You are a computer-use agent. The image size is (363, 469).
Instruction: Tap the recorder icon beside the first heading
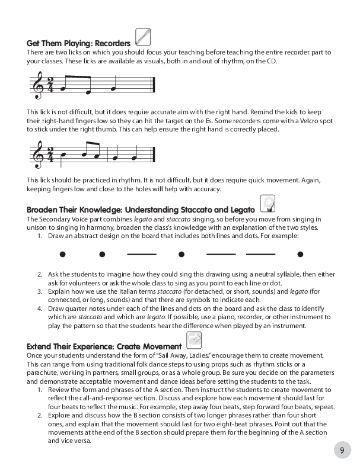142,37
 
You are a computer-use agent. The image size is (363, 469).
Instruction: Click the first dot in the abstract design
62,255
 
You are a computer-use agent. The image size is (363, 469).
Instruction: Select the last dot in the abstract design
300,255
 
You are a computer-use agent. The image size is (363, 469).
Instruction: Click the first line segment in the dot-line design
141,255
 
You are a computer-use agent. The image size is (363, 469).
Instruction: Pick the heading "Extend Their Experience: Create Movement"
104,346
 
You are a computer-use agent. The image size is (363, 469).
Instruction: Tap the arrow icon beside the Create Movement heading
194,340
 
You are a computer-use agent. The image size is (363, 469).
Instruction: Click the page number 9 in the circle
342,450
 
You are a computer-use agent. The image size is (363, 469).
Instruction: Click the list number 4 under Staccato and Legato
39,309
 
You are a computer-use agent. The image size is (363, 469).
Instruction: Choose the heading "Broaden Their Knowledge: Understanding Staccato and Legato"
141,210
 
